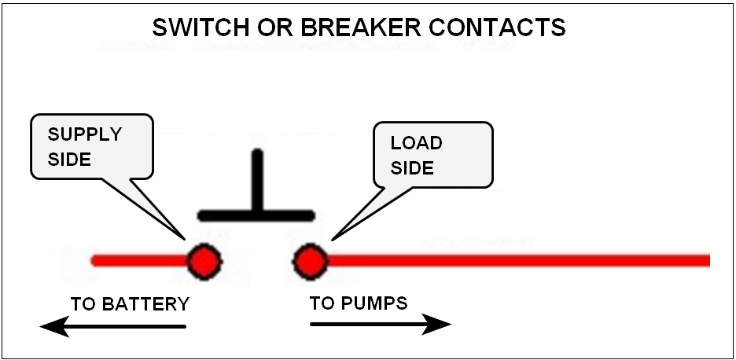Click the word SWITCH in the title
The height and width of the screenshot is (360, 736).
[x=201, y=28]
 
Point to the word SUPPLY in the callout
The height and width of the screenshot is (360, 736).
[x=84, y=134]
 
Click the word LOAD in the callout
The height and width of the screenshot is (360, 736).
[x=416, y=143]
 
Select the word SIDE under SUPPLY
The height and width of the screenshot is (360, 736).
[x=69, y=160]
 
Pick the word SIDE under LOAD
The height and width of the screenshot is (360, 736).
[x=412, y=168]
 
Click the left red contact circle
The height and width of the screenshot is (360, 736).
[x=204, y=262]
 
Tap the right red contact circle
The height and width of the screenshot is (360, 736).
[x=311, y=262]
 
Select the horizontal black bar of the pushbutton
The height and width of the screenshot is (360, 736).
[x=256, y=216]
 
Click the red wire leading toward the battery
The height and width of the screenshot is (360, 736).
[x=140, y=260]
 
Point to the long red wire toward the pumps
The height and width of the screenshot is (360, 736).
[x=519, y=260]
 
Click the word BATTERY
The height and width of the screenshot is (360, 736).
[x=145, y=304]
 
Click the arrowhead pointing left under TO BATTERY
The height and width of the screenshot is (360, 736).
[x=54, y=326]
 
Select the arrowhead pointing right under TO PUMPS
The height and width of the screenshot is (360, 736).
[x=436, y=324]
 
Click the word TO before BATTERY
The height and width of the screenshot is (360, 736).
[x=83, y=304]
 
